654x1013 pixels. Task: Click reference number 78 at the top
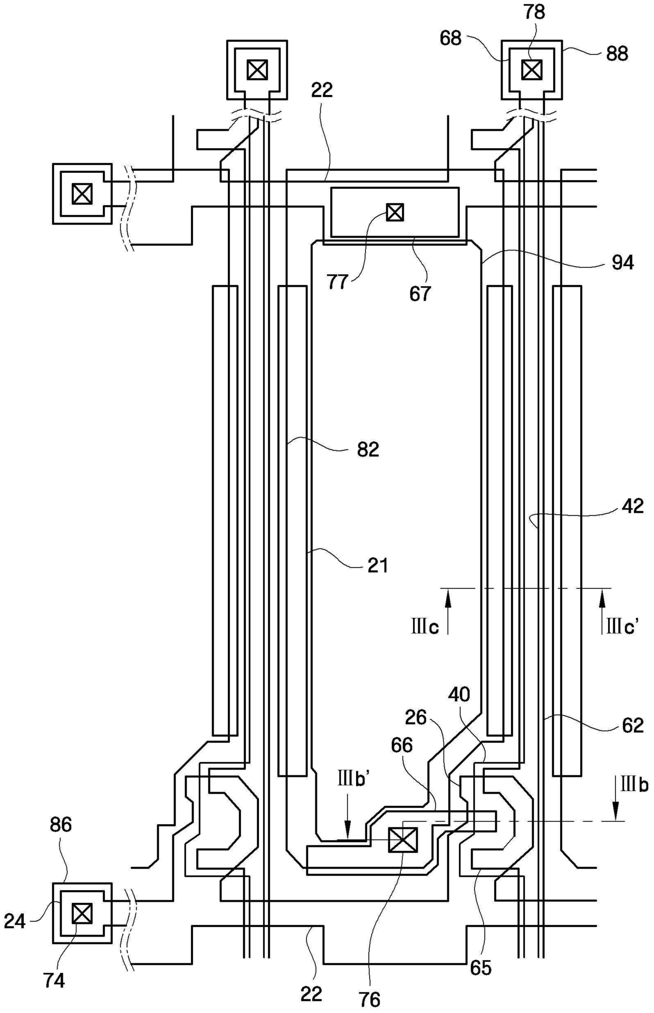point(534,12)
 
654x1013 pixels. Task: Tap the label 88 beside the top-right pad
point(617,54)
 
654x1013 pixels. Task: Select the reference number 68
point(451,38)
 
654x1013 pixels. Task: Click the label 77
point(338,282)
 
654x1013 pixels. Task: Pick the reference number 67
point(420,294)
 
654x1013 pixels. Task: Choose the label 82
point(368,450)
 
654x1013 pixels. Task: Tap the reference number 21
point(378,566)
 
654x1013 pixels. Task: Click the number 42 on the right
point(633,506)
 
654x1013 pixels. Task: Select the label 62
point(633,726)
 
